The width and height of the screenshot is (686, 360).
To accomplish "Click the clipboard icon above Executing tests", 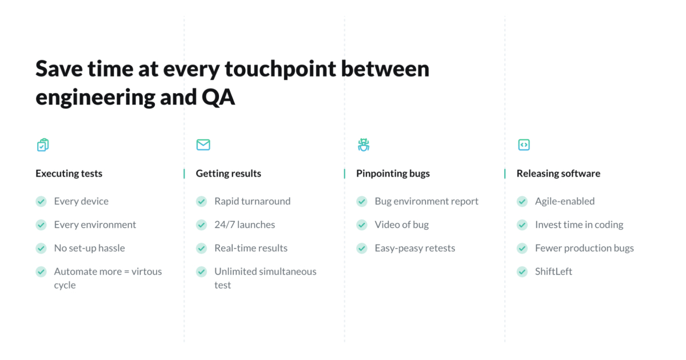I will point(43,145).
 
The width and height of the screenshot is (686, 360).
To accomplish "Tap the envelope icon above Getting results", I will point(203,145).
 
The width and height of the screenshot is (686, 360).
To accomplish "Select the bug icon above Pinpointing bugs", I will point(364,145).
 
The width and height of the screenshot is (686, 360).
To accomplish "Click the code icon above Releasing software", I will point(524,145).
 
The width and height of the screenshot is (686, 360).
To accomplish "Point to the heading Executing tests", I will point(69,173).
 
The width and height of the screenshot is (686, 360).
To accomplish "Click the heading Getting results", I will point(228,173).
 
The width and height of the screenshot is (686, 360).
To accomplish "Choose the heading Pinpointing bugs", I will point(393,173).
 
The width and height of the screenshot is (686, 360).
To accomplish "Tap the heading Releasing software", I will point(558,173).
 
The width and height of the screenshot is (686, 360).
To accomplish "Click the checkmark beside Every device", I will point(41,201).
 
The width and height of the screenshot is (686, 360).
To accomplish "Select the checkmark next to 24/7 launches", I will point(201,225).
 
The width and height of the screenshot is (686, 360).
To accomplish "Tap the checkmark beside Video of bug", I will point(362,225).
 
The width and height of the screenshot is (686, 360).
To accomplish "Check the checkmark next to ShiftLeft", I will point(522,271).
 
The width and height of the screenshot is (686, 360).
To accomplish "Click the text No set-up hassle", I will point(89,248).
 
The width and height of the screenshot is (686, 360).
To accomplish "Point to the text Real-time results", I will point(251,248).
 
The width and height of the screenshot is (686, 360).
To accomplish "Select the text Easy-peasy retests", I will point(415,248).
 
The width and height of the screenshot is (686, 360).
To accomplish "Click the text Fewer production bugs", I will point(584,248).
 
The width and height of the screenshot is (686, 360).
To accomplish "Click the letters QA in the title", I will point(218,97).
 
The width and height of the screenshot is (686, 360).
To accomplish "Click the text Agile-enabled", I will point(565,201).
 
